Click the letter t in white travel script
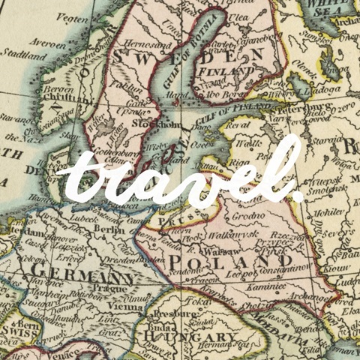81,180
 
